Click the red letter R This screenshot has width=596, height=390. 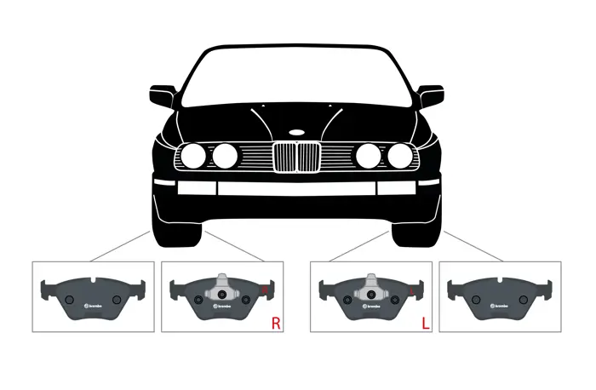pos(275,323)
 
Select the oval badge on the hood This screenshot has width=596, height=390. pos(296,132)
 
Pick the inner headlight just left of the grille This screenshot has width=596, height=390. pos(225,156)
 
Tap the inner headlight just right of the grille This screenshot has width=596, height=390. pos(368,156)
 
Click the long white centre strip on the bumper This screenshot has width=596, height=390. pos(296,188)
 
